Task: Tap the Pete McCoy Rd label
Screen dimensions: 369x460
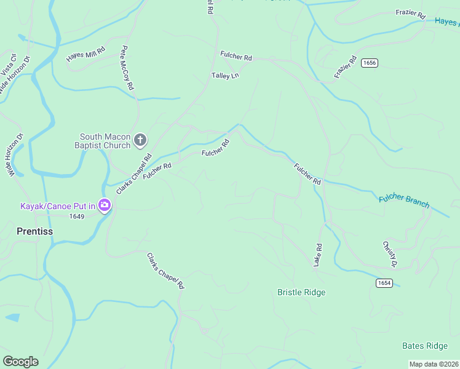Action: [x=127, y=68]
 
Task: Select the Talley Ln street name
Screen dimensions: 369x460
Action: [x=225, y=76]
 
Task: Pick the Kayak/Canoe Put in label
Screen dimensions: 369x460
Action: [x=58, y=206]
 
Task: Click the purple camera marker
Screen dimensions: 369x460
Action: [x=105, y=205]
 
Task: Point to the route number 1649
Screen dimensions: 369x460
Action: [x=77, y=216]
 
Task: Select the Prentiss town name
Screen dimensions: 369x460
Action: [x=34, y=231]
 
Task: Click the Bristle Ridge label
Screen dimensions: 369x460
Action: [x=301, y=292]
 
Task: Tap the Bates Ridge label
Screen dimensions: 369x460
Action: [x=424, y=346]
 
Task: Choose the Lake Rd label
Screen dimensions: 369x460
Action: [x=318, y=254]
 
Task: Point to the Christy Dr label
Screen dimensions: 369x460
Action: [x=389, y=254]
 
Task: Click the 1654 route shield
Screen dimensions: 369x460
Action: [x=384, y=282]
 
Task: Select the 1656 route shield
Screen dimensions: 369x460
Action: [x=370, y=63]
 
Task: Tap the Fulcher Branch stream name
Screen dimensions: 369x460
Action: [x=404, y=201]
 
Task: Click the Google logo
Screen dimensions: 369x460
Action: [x=20, y=362]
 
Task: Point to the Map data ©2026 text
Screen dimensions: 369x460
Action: [x=434, y=364]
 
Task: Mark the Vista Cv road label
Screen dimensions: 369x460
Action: [x=7, y=65]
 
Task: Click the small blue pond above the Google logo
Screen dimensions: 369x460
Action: [x=11, y=318]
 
